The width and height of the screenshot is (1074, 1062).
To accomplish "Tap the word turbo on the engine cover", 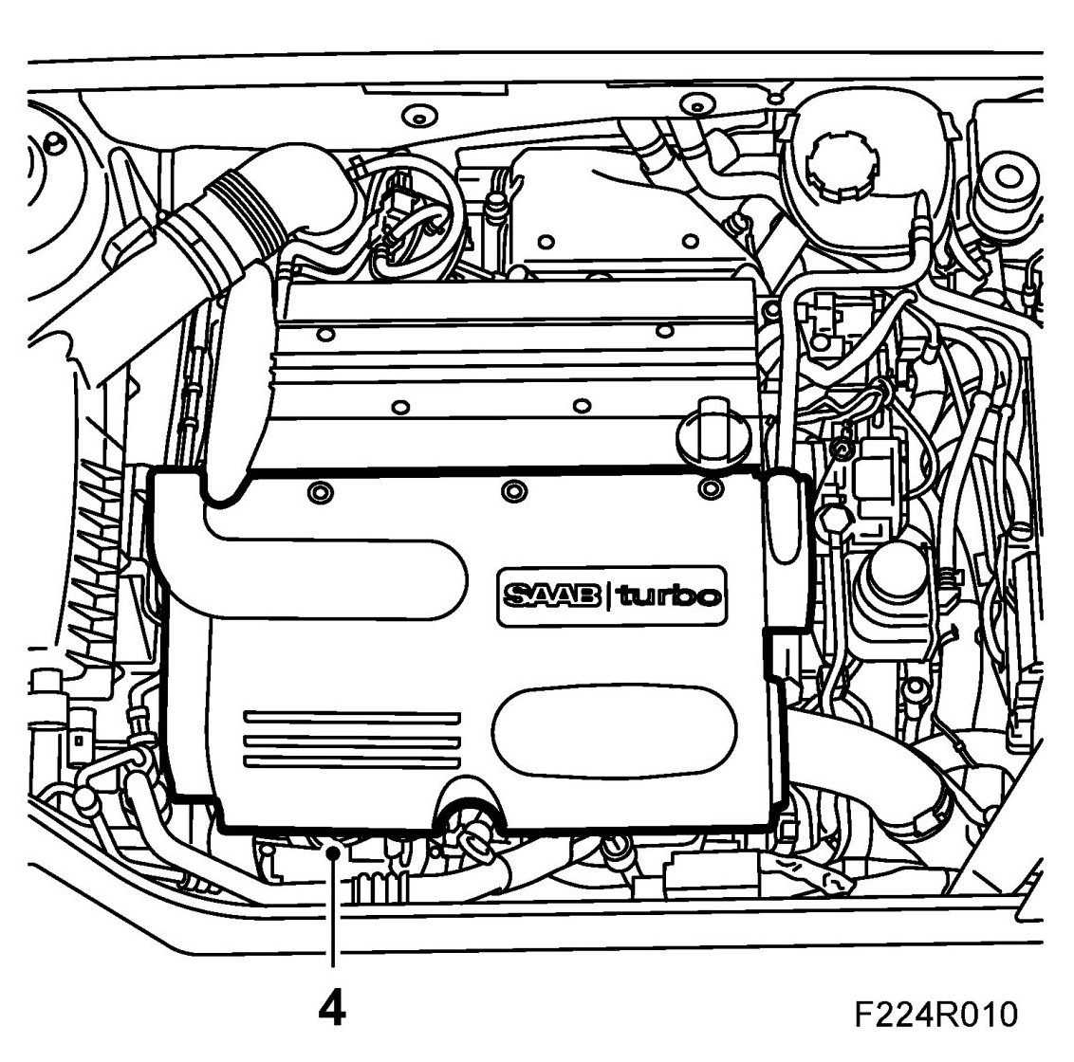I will [670, 596].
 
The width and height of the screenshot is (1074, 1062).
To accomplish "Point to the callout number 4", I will [331, 1009].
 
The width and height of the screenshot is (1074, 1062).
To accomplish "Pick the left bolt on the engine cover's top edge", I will [319, 491].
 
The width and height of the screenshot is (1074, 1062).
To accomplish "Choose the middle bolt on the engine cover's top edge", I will [513, 490].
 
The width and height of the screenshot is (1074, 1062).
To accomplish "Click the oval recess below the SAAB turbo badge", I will [613, 729].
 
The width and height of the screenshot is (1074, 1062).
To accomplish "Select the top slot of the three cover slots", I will [351, 718].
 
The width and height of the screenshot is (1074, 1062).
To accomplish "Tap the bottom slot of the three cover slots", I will [351, 760].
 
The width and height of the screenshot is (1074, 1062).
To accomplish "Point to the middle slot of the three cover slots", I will [351, 740].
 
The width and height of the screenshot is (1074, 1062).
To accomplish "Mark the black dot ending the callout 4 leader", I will [331, 852].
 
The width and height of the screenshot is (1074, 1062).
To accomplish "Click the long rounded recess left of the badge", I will [332, 569].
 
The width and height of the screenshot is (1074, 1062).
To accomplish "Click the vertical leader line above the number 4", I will [331, 910].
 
